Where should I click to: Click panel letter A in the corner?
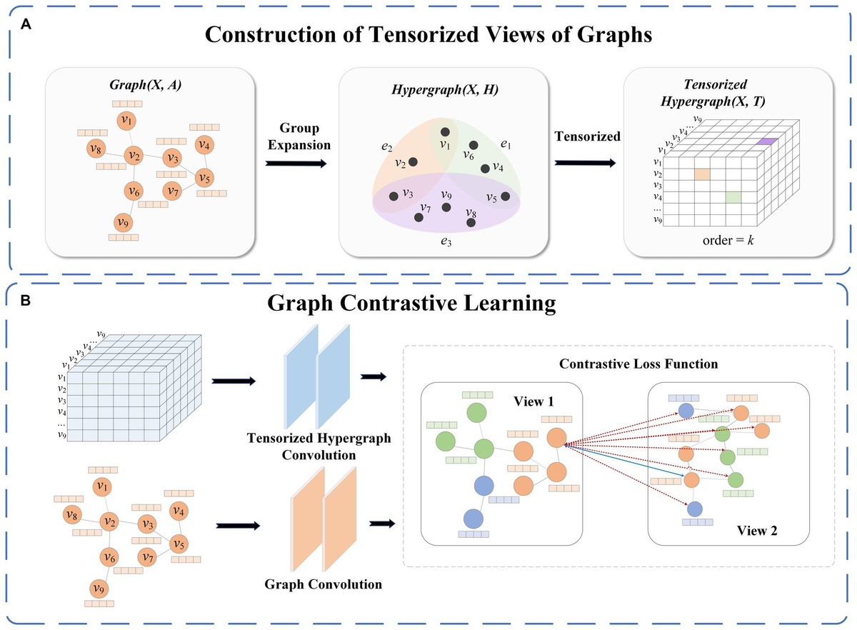(x=26, y=24)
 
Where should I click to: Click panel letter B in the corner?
(x=25, y=301)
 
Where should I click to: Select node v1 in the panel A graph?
(x=126, y=121)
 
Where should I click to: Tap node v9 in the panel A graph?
(x=123, y=222)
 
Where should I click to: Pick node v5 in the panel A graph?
(x=204, y=178)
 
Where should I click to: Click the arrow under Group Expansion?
(x=296, y=164)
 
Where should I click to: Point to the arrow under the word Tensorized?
(x=585, y=163)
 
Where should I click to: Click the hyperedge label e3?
(x=446, y=241)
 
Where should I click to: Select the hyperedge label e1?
(x=506, y=144)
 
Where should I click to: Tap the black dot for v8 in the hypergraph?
(x=471, y=222)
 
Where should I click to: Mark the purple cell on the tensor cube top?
(x=767, y=141)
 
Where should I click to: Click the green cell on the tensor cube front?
(x=733, y=197)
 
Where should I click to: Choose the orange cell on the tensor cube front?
(x=702, y=174)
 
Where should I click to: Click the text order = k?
(x=728, y=241)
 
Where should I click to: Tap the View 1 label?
(x=533, y=401)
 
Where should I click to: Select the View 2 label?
(x=757, y=531)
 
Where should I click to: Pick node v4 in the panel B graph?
(x=179, y=511)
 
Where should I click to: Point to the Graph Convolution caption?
(x=324, y=584)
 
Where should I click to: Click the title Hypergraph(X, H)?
(x=444, y=89)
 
